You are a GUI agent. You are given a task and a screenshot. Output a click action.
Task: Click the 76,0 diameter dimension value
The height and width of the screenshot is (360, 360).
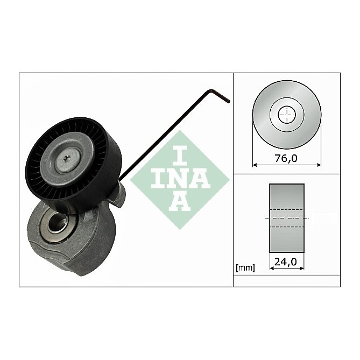287,159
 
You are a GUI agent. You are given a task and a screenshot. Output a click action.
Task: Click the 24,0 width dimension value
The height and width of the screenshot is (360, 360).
286,263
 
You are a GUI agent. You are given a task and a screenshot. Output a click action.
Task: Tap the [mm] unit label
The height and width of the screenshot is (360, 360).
245,267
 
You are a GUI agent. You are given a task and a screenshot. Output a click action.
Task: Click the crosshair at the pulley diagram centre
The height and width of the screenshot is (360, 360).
287,115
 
